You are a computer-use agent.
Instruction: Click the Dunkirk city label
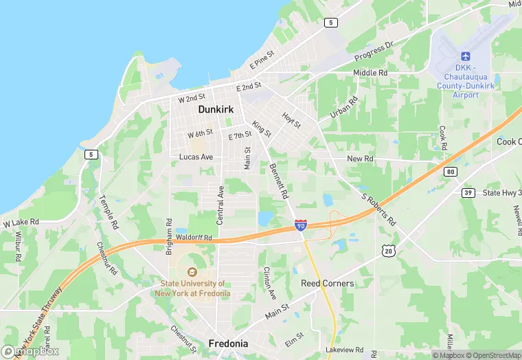pyautogui.click(x=216, y=109)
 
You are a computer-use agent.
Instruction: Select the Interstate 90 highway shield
pyautogui.click(x=301, y=225)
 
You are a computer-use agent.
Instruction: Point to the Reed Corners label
pyautogui.click(x=328, y=283)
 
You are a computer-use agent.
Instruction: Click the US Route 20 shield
pyautogui.click(x=389, y=252)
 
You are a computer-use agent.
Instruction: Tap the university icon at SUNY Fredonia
pyautogui.click(x=192, y=271)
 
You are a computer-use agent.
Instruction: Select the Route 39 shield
pyautogui.click(x=468, y=192)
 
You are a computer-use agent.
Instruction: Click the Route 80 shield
pyautogui.click(x=450, y=171)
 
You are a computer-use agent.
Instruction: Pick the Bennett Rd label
pyautogui.click(x=279, y=181)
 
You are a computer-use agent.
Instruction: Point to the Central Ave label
pyautogui.click(x=220, y=205)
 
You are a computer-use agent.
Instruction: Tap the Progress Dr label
pyautogui.click(x=374, y=51)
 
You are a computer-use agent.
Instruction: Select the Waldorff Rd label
pyautogui.click(x=194, y=238)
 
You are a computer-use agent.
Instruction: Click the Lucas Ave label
pyautogui.click(x=196, y=157)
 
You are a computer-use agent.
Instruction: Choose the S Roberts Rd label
pyautogui.click(x=379, y=209)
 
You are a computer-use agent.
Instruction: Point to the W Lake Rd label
pyautogui.click(x=21, y=223)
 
